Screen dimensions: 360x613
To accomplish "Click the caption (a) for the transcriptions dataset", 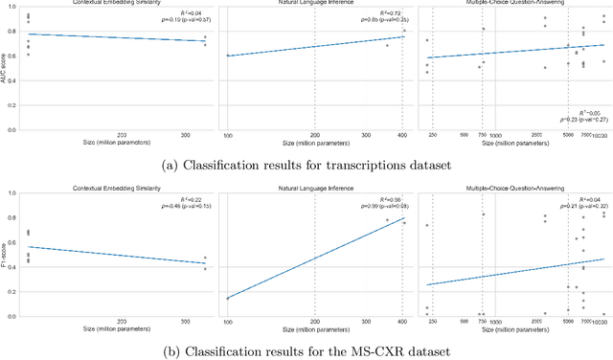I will [307, 167].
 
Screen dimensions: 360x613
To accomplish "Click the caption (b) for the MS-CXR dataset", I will [307, 350].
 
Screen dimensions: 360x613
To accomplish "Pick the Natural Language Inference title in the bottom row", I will [315, 186].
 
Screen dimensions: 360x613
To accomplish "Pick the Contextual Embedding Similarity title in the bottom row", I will [121, 186].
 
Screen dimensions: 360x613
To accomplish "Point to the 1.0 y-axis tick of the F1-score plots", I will [12, 193].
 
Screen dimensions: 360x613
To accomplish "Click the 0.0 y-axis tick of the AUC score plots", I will [12, 132].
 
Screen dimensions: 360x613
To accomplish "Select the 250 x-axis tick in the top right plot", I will [432, 136].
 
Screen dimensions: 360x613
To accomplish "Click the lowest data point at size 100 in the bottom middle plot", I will [228, 298].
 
